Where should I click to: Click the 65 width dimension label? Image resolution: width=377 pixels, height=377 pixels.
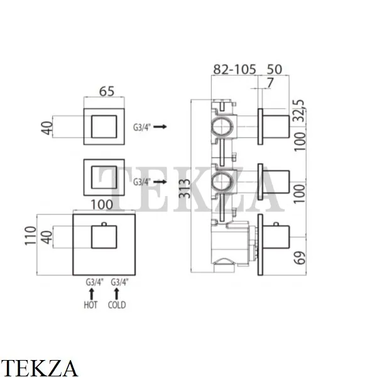click(x=107, y=91)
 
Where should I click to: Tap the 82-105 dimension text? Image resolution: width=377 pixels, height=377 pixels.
click(x=234, y=70)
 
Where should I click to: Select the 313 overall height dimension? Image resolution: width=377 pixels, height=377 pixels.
click(x=185, y=188)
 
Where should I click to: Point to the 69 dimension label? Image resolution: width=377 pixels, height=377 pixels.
click(x=300, y=258)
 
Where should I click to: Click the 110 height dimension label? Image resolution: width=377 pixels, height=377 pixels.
click(x=30, y=236)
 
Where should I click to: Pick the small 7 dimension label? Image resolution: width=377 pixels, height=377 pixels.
click(x=270, y=83)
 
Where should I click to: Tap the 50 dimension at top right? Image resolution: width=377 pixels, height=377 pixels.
click(x=275, y=70)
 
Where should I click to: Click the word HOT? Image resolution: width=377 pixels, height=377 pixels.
click(x=90, y=305)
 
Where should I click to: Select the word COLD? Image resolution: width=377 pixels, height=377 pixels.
click(x=117, y=305)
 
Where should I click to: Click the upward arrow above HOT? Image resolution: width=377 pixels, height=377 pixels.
click(x=91, y=294)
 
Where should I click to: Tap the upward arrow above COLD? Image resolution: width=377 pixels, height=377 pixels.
click(x=117, y=294)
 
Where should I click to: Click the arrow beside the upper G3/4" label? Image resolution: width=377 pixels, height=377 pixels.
click(x=160, y=126)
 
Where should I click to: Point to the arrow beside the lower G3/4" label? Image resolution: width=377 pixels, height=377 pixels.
click(x=160, y=182)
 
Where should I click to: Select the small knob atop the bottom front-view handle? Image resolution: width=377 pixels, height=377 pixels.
click(x=104, y=224)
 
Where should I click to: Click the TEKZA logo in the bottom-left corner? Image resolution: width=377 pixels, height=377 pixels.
click(x=38, y=368)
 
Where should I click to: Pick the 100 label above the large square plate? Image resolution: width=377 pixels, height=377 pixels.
click(x=102, y=205)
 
